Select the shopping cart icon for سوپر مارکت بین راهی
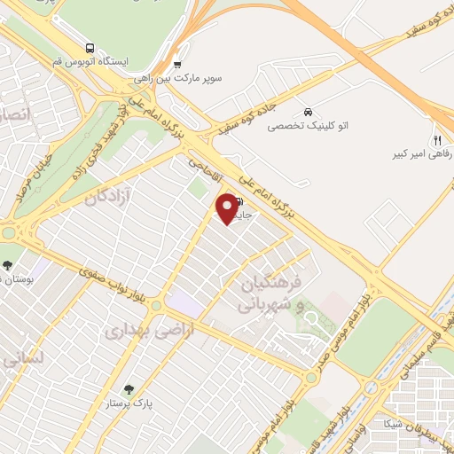tap(177, 64)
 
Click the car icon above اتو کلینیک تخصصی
tap(307, 113)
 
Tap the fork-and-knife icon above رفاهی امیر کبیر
tap(436, 140)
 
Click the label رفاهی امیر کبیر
tap(425, 154)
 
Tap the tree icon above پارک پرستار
tap(129, 388)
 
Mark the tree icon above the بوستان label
tap(8, 265)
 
